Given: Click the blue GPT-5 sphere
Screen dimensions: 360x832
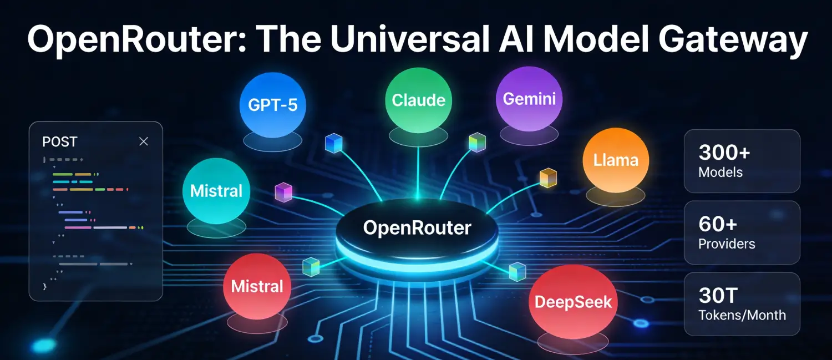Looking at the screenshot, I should pos(273,104).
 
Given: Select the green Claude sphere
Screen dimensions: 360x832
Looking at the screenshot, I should pos(418,100).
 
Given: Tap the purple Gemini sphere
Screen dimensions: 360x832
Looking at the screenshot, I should pos(529,99).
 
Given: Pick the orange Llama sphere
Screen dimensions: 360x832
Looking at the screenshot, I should pos(616,160).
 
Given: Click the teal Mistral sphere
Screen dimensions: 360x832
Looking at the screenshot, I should pos(216,191).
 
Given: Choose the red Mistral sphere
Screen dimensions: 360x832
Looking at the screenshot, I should pos(257,286).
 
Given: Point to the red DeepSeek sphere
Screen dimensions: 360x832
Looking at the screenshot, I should pos(573,302).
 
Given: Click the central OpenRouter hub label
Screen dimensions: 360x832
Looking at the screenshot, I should pos(417,227).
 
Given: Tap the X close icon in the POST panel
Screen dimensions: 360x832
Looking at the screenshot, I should pos(144,141).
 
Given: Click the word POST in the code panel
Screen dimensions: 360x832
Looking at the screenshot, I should pos(59,142).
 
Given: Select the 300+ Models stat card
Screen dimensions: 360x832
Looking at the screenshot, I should pos(742,161).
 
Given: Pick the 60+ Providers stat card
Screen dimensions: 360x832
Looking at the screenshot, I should pos(742,232).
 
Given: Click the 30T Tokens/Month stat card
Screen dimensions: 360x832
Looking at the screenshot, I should pos(742,304).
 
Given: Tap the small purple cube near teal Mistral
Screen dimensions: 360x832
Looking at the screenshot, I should pos(283,192).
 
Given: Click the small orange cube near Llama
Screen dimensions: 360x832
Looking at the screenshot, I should pos(548,178).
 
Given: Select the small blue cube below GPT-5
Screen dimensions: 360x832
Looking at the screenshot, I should pos(333,143).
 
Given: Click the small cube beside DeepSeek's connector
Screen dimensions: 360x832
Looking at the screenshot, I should pos(517,270).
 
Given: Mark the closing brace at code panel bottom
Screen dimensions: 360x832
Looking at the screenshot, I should pos(44,287).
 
